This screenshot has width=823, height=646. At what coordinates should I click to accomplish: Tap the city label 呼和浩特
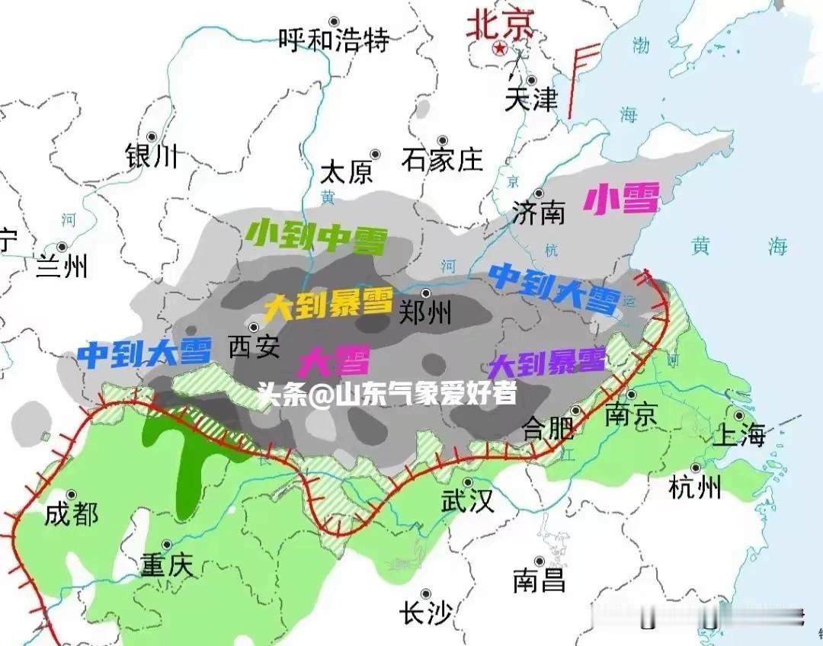(334, 39)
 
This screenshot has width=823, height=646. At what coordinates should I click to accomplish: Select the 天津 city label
(531, 99)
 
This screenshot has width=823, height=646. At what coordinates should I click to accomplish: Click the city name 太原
(347, 172)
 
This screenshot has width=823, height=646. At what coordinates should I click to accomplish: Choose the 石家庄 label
(443, 159)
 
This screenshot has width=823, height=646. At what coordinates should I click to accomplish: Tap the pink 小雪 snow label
(620, 200)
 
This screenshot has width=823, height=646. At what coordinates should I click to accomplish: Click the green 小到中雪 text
(316, 238)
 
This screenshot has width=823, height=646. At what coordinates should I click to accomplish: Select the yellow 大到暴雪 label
(329, 306)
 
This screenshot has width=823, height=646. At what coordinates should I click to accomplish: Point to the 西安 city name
(255, 348)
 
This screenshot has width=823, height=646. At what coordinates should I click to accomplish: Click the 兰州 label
(62, 267)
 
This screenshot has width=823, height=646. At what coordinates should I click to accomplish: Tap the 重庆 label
(168, 565)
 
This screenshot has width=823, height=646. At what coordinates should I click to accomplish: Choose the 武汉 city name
(468, 501)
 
